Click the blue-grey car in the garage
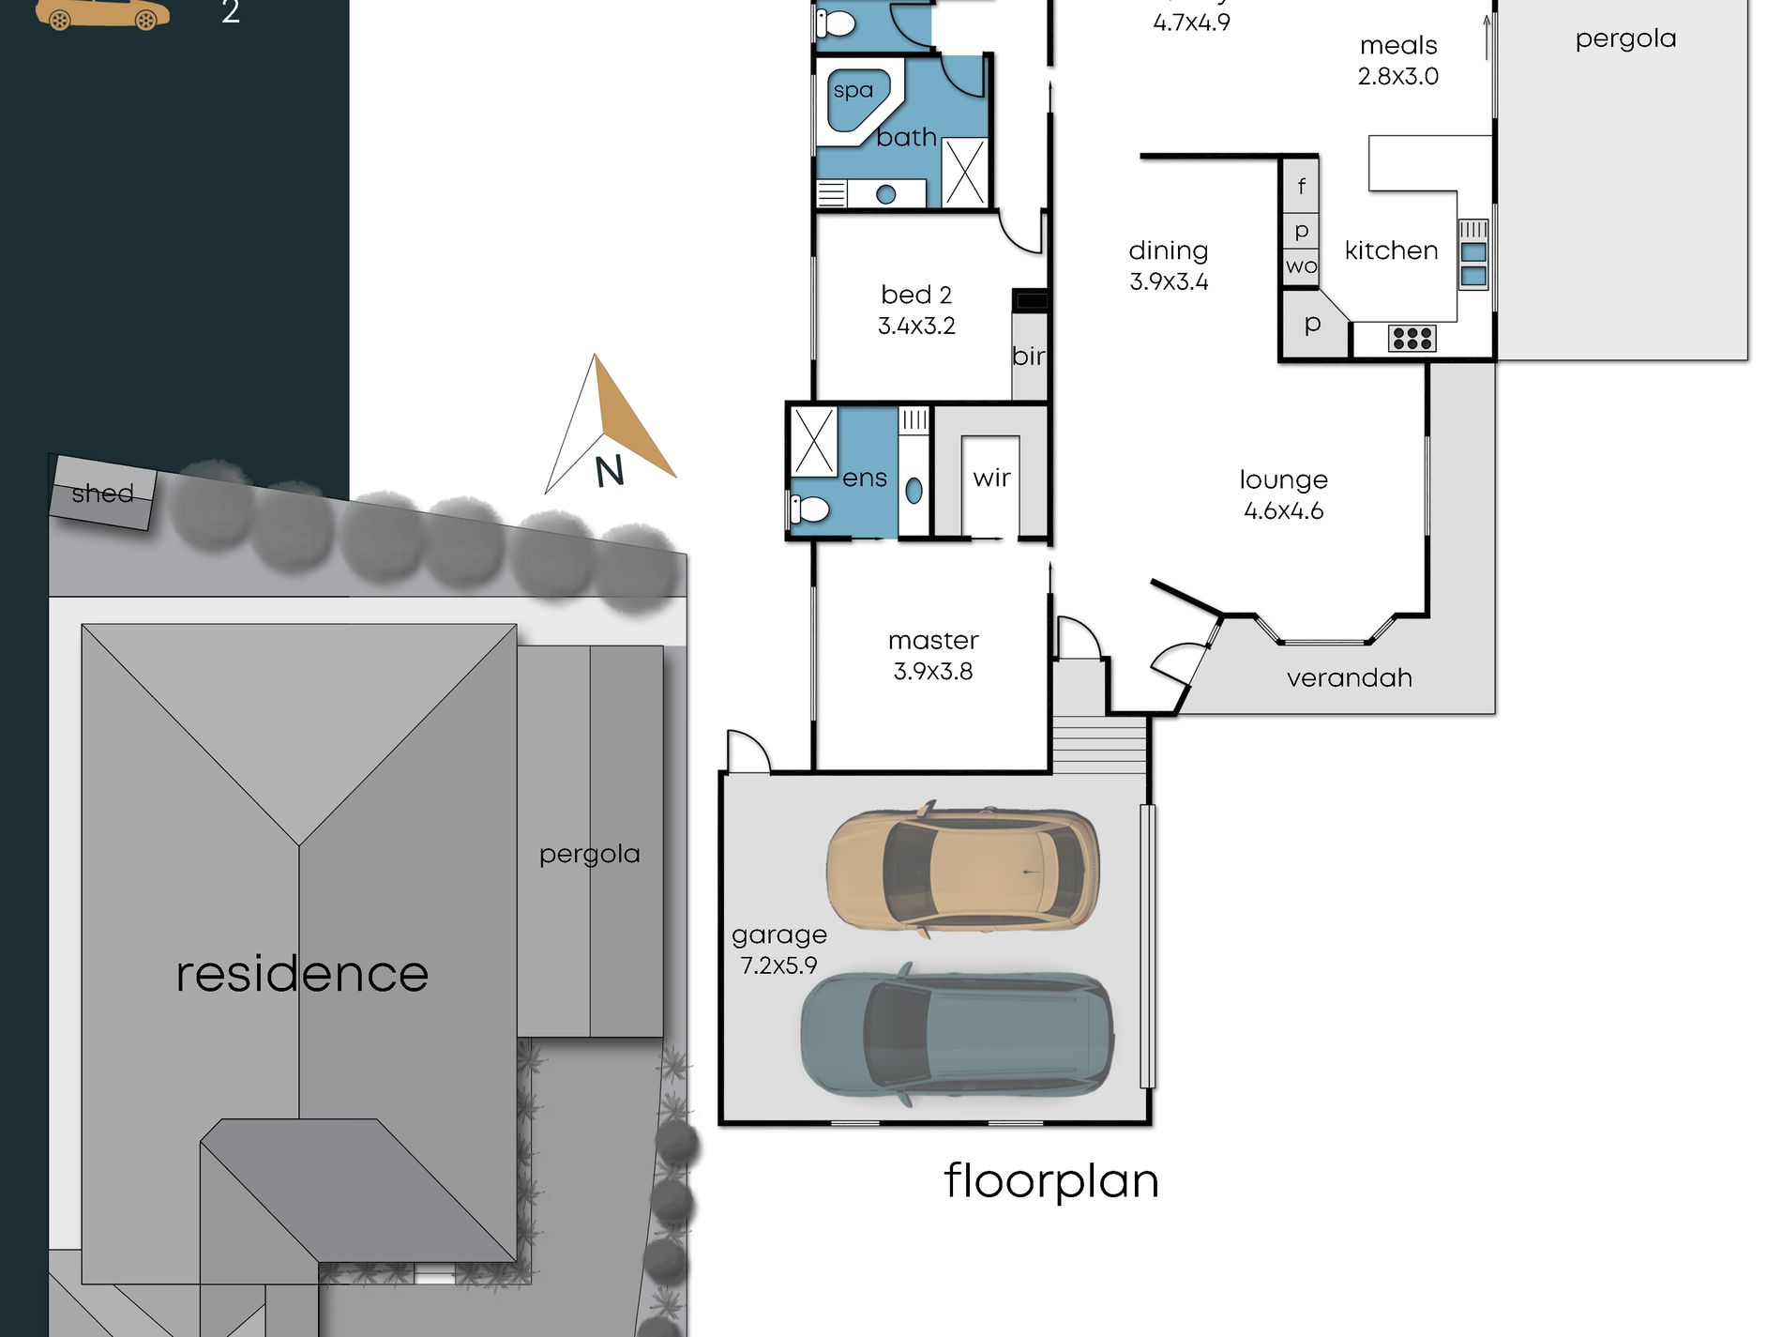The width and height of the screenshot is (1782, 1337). (958, 1033)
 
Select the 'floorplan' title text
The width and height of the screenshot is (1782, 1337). (1051, 1181)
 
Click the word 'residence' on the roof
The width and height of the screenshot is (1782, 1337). (302, 973)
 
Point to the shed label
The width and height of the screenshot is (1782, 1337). (102, 494)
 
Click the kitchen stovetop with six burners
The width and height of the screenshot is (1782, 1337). (1412, 338)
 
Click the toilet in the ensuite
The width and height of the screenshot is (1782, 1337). (808, 509)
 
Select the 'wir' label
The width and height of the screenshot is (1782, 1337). (991, 478)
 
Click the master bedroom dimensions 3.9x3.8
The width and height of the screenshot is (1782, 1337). (932, 671)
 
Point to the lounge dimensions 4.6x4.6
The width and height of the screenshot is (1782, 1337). (1283, 510)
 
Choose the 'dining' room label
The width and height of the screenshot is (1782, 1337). (1168, 251)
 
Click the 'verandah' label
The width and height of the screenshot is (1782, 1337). (1349, 677)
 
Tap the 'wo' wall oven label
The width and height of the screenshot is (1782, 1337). (1301, 266)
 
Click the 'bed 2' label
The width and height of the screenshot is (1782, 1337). (916, 295)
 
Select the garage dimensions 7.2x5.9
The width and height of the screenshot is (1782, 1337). (778, 965)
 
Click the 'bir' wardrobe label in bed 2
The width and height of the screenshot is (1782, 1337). (1028, 356)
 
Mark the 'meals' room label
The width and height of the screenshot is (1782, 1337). (1398, 45)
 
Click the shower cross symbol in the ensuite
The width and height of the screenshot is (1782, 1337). (813, 441)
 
